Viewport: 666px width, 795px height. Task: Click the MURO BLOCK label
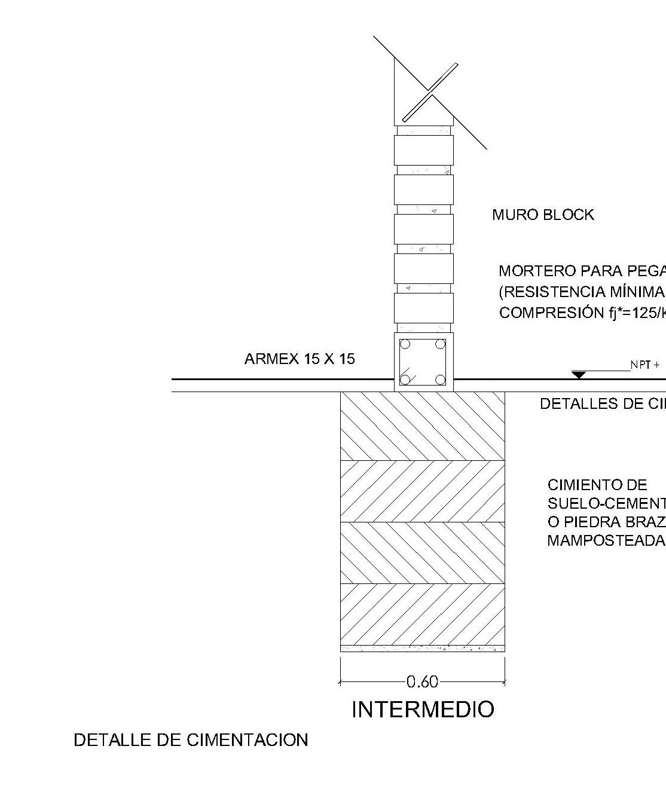(543, 215)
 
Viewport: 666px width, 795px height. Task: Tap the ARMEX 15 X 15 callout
(300, 359)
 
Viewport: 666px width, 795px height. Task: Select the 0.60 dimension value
(422, 681)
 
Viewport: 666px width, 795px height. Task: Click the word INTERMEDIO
(423, 710)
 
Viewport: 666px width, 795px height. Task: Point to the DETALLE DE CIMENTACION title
(191, 740)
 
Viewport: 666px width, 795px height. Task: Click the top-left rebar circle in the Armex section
(405, 344)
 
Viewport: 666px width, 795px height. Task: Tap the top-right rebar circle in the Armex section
(441, 344)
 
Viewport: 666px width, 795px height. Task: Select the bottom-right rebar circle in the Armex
(441, 380)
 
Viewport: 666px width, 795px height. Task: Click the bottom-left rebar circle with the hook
(405, 380)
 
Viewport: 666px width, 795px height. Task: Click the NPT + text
(644, 365)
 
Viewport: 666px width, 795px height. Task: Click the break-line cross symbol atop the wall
(430, 92)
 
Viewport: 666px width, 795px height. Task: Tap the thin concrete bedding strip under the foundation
(423, 648)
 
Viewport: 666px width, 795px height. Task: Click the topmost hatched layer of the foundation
(423, 426)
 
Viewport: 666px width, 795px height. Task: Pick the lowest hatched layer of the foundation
(423, 614)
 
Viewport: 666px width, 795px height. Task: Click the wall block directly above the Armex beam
(423, 308)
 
